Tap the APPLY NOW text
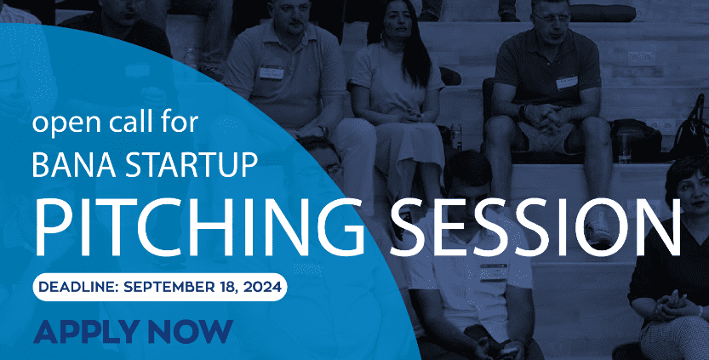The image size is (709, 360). (x=133, y=332)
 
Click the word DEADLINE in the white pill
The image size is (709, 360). (x=77, y=287)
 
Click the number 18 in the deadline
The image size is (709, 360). (x=229, y=288)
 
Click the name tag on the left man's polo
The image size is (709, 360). (x=272, y=71)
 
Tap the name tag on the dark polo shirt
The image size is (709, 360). (x=567, y=83)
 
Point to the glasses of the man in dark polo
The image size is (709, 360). (x=552, y=19)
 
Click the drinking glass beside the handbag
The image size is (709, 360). (x=625, y=144)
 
